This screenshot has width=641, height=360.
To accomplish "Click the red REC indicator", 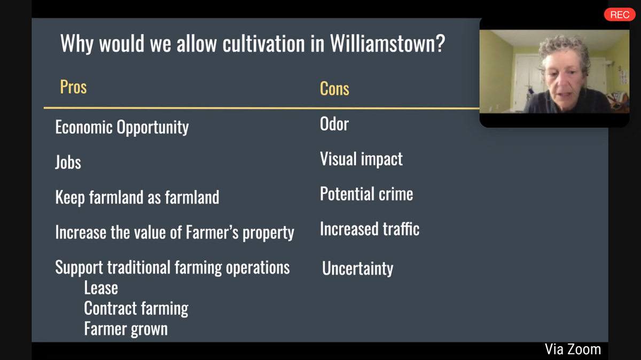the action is [620, 14].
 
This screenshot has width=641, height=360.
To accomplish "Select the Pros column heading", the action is [73, 87].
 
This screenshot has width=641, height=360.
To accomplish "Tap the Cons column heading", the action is [334, 89].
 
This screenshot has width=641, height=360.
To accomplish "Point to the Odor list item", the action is [334, 124].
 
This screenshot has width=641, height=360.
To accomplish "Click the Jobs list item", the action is [68, 162].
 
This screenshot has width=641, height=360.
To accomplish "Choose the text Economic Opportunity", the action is [122, 127].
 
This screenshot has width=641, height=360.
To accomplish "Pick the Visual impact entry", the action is [361, 159].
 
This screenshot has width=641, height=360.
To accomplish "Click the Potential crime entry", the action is [366, 194].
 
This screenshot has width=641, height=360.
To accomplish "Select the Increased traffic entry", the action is [370, 229].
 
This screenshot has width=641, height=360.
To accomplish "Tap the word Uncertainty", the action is [358, 269].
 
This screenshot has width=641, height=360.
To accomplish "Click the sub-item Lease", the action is [101, 288].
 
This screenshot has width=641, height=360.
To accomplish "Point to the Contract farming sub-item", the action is [136, 309].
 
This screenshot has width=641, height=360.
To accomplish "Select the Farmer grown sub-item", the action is [126, 329].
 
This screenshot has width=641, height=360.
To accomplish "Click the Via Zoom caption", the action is [573, 349].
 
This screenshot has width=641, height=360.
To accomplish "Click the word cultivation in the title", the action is [263, 44].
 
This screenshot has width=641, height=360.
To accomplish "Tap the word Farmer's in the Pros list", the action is [212, 232].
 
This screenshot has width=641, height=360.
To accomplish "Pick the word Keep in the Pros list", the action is [70, 198].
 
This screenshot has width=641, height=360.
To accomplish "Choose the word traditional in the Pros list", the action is [139, 268].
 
